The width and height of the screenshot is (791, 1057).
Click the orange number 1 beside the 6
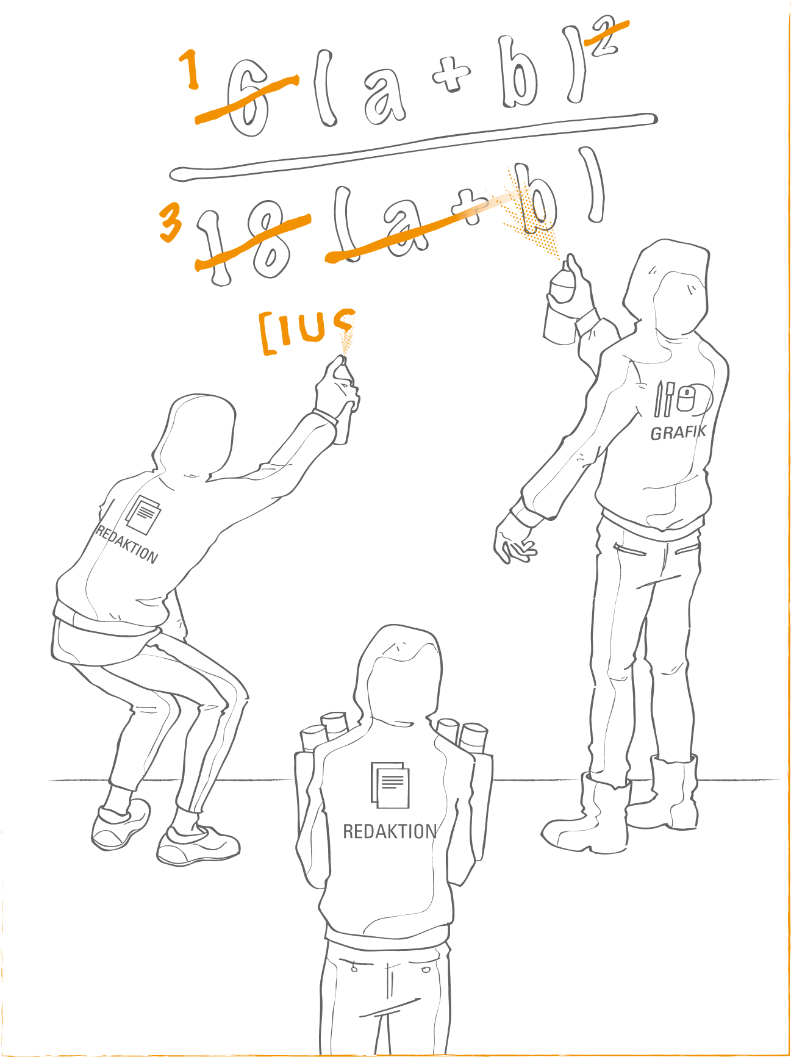(x=191, y=69)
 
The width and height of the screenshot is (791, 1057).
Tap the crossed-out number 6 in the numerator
(x=248, y=98)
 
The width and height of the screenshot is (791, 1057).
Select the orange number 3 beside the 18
(x=170, y=222)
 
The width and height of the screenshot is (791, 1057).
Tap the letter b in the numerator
(x=519, y=73)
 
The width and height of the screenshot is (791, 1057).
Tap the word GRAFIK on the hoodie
(x=678, y=432)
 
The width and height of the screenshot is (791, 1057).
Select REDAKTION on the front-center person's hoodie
(x=390, y=831)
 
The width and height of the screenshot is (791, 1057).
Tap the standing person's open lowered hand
(x=515, y=540)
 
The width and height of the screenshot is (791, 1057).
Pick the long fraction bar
(x=413, y=146)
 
